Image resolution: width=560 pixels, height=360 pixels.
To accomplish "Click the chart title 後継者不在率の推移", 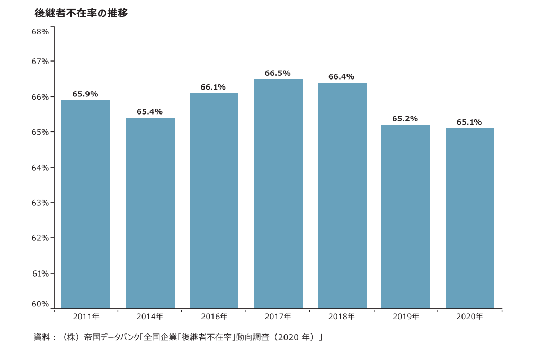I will point(81,14).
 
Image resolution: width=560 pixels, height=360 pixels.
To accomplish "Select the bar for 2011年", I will point(86,204).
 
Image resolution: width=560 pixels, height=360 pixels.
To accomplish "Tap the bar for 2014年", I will point(150,213).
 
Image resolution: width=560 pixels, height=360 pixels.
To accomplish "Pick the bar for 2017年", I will point(278,194).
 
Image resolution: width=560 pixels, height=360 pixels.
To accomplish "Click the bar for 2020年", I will point(469,218).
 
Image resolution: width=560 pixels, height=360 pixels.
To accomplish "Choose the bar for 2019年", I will point(405,216).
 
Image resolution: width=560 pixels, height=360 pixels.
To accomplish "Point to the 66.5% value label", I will point(278,73).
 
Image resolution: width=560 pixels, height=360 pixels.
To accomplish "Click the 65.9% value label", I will point(85,94).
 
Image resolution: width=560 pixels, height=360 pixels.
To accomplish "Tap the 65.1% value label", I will point(469,122).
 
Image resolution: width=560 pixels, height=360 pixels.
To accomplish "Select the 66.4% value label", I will point(341,77).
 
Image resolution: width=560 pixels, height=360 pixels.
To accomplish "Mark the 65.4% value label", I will point(149,112).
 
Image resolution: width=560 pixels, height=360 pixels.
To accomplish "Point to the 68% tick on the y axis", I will point(40,32).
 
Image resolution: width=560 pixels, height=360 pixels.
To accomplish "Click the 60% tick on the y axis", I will point(40,304).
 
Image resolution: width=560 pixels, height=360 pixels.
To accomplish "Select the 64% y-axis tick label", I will point(40,168).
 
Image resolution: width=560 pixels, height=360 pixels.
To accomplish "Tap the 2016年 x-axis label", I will point(214,317).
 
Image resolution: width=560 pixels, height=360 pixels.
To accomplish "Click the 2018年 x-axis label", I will point(342,317).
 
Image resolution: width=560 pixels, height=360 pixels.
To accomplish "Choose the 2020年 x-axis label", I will point(469,317).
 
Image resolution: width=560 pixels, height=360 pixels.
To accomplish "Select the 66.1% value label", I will point(214,87).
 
